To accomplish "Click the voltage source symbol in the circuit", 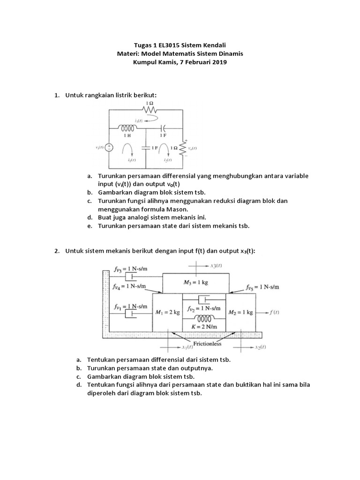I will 109,147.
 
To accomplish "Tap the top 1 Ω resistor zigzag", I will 150,109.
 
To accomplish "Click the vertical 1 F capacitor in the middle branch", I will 146,147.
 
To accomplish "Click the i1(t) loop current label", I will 132,159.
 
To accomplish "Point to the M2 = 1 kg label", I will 240,312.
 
